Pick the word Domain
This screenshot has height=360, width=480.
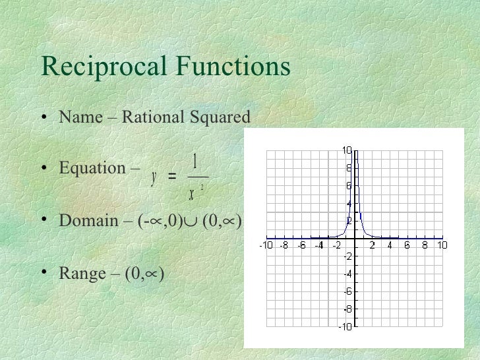click(x=88, y=220)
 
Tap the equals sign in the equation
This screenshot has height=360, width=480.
click(x=172, y=177)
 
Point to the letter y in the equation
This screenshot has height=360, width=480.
click(x=154, y=177)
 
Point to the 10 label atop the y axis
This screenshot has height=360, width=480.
click(x=347, y=150)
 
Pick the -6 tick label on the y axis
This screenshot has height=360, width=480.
click(x=347, y=291)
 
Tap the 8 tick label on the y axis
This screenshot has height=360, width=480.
click(x=349, y=168)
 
